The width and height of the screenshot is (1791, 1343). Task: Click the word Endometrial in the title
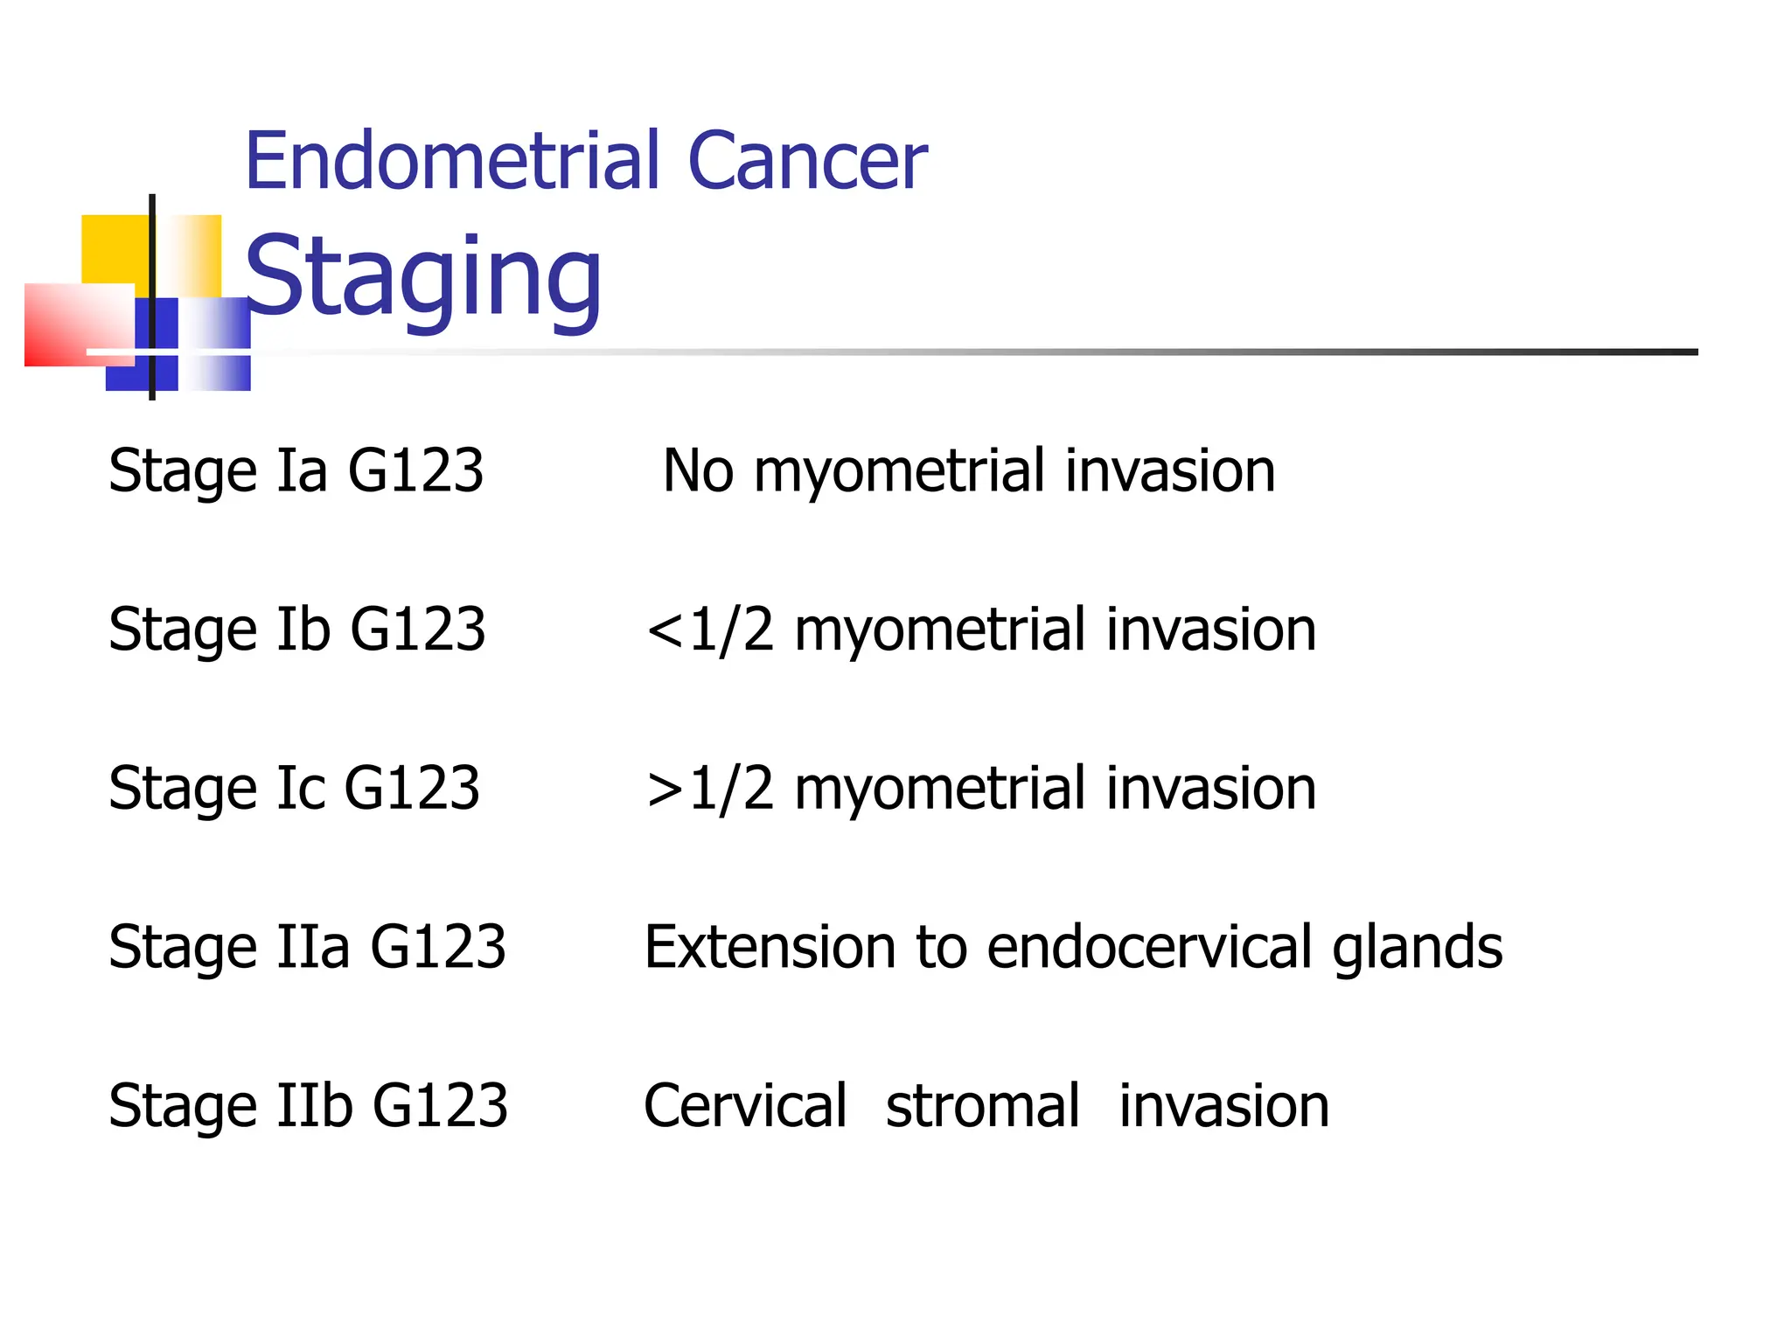pos(453,161)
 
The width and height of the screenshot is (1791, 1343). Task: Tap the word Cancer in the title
pos(807,161)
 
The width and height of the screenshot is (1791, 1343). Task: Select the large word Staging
pos(423,278)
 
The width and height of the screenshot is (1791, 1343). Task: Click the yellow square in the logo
pos(114,248)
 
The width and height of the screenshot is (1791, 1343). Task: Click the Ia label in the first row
pos(302,471)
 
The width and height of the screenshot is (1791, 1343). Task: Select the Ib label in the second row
pos(303,630)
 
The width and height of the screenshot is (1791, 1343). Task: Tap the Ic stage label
pos(300,789)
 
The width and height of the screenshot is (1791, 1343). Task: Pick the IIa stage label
pos(313,947)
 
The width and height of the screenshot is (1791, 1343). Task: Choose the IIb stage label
pos(314,1106)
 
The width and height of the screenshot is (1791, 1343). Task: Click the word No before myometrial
pos(698,471)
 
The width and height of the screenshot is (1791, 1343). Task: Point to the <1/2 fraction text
pos(710,630)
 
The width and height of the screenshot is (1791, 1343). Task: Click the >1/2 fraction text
pos(710,789)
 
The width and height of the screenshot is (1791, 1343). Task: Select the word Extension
pos(770,947)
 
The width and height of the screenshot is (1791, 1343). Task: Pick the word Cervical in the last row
pos(745,1106)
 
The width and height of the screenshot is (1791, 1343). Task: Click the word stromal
pos(983,1106)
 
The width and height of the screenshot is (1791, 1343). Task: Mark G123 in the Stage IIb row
pos(440,1106)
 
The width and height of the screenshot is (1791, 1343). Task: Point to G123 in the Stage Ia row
pos(415,471)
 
